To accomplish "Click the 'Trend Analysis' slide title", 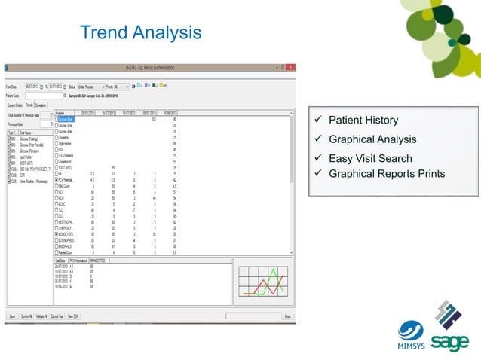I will tap(141, 33).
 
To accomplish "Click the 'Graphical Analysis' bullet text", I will tap(372, 139).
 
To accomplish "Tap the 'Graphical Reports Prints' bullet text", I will tap(387, 175).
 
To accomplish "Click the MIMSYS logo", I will tap(411, 335).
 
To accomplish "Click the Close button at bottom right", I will tap(287, 316).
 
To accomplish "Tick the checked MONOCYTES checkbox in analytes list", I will tap(56, 234).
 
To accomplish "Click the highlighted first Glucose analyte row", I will tap(66, 119).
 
